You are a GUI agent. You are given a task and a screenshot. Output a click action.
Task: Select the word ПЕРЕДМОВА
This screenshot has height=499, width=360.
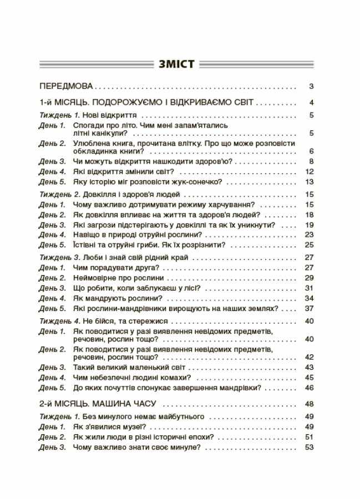[66, 86]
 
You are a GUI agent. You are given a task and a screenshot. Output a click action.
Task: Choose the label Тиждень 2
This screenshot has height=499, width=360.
[60, 195]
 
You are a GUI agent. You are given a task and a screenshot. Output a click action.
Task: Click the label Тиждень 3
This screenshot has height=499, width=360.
[60, 257]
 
